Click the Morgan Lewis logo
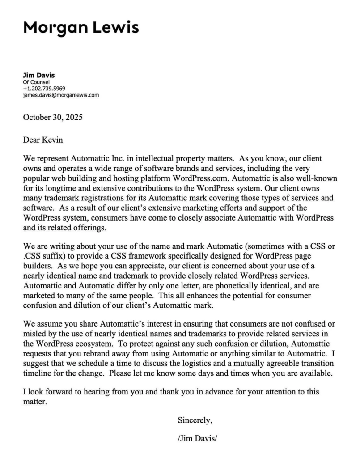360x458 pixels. coord(81,28)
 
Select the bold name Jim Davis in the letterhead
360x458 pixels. coord(38,75)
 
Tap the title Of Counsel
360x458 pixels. coord(36,82)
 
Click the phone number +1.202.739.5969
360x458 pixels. coord(44,89)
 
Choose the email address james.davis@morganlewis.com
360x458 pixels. coord(61,95)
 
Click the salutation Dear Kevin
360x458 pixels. coord(43,140)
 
